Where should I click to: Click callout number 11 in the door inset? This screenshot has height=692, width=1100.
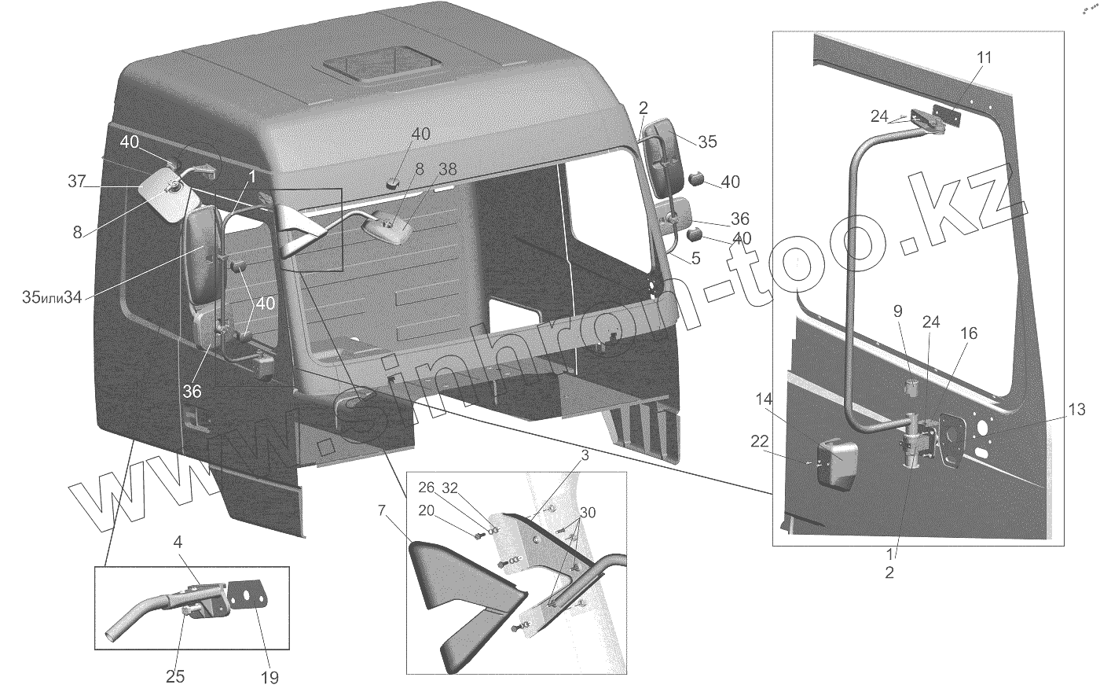(984, 58)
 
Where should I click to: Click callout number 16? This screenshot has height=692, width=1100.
(968, 333)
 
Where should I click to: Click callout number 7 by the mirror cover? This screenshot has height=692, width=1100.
(381, 511)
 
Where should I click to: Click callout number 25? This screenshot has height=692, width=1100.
(175, 677)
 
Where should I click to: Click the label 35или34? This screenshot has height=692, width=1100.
(52, 297)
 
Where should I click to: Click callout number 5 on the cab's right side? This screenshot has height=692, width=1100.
(696, 258)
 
